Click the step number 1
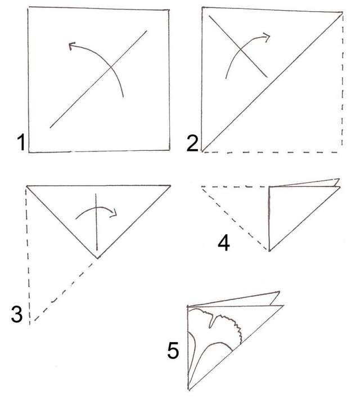pyautogui.click(x=21, y=142)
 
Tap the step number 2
pyautogui.click(x=192, y=144)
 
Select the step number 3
pyautogui.click(x=17, y=314)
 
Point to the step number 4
pyautogui.click(x=224, y=243)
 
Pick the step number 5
pyautogui.click(x=173, y=351)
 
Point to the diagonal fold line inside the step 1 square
pyautogui.click(x=98, y=79)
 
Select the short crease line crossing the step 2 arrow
pyautogui.click(x=238, y=46)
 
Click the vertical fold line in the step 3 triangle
pyautogui.click(x=96, y=222)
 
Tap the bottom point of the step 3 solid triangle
pyautogui.click(x=97, y=258)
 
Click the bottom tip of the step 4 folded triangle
pyautogui.click(x=269, y=250)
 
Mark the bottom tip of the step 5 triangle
pyautogui.click(x=189, y=389)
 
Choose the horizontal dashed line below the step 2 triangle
pyautogui.click(x=271, y=153)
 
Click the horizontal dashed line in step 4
pyautogui.click(x=235, y=187)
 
